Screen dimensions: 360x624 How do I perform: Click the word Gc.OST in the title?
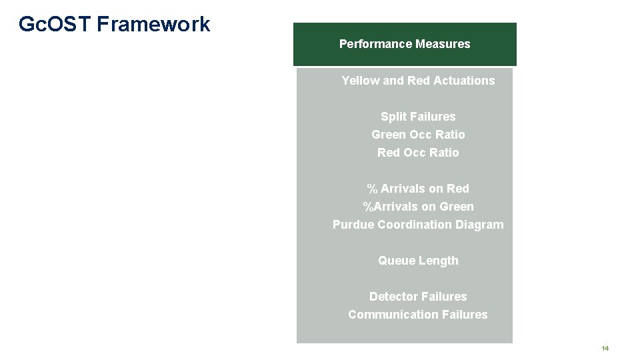point(55,25)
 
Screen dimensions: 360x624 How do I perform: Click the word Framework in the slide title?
point(153,25)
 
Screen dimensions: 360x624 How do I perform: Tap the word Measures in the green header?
point(443,44)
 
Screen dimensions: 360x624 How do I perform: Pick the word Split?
point(393,117)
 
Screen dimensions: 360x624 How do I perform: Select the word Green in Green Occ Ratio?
point(387,135)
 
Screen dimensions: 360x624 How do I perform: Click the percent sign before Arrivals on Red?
point(372,189)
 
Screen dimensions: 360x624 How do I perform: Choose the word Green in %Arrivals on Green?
point(457,207)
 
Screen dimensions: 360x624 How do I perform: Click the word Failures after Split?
point(433,117)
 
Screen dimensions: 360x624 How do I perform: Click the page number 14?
point(605,349)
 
